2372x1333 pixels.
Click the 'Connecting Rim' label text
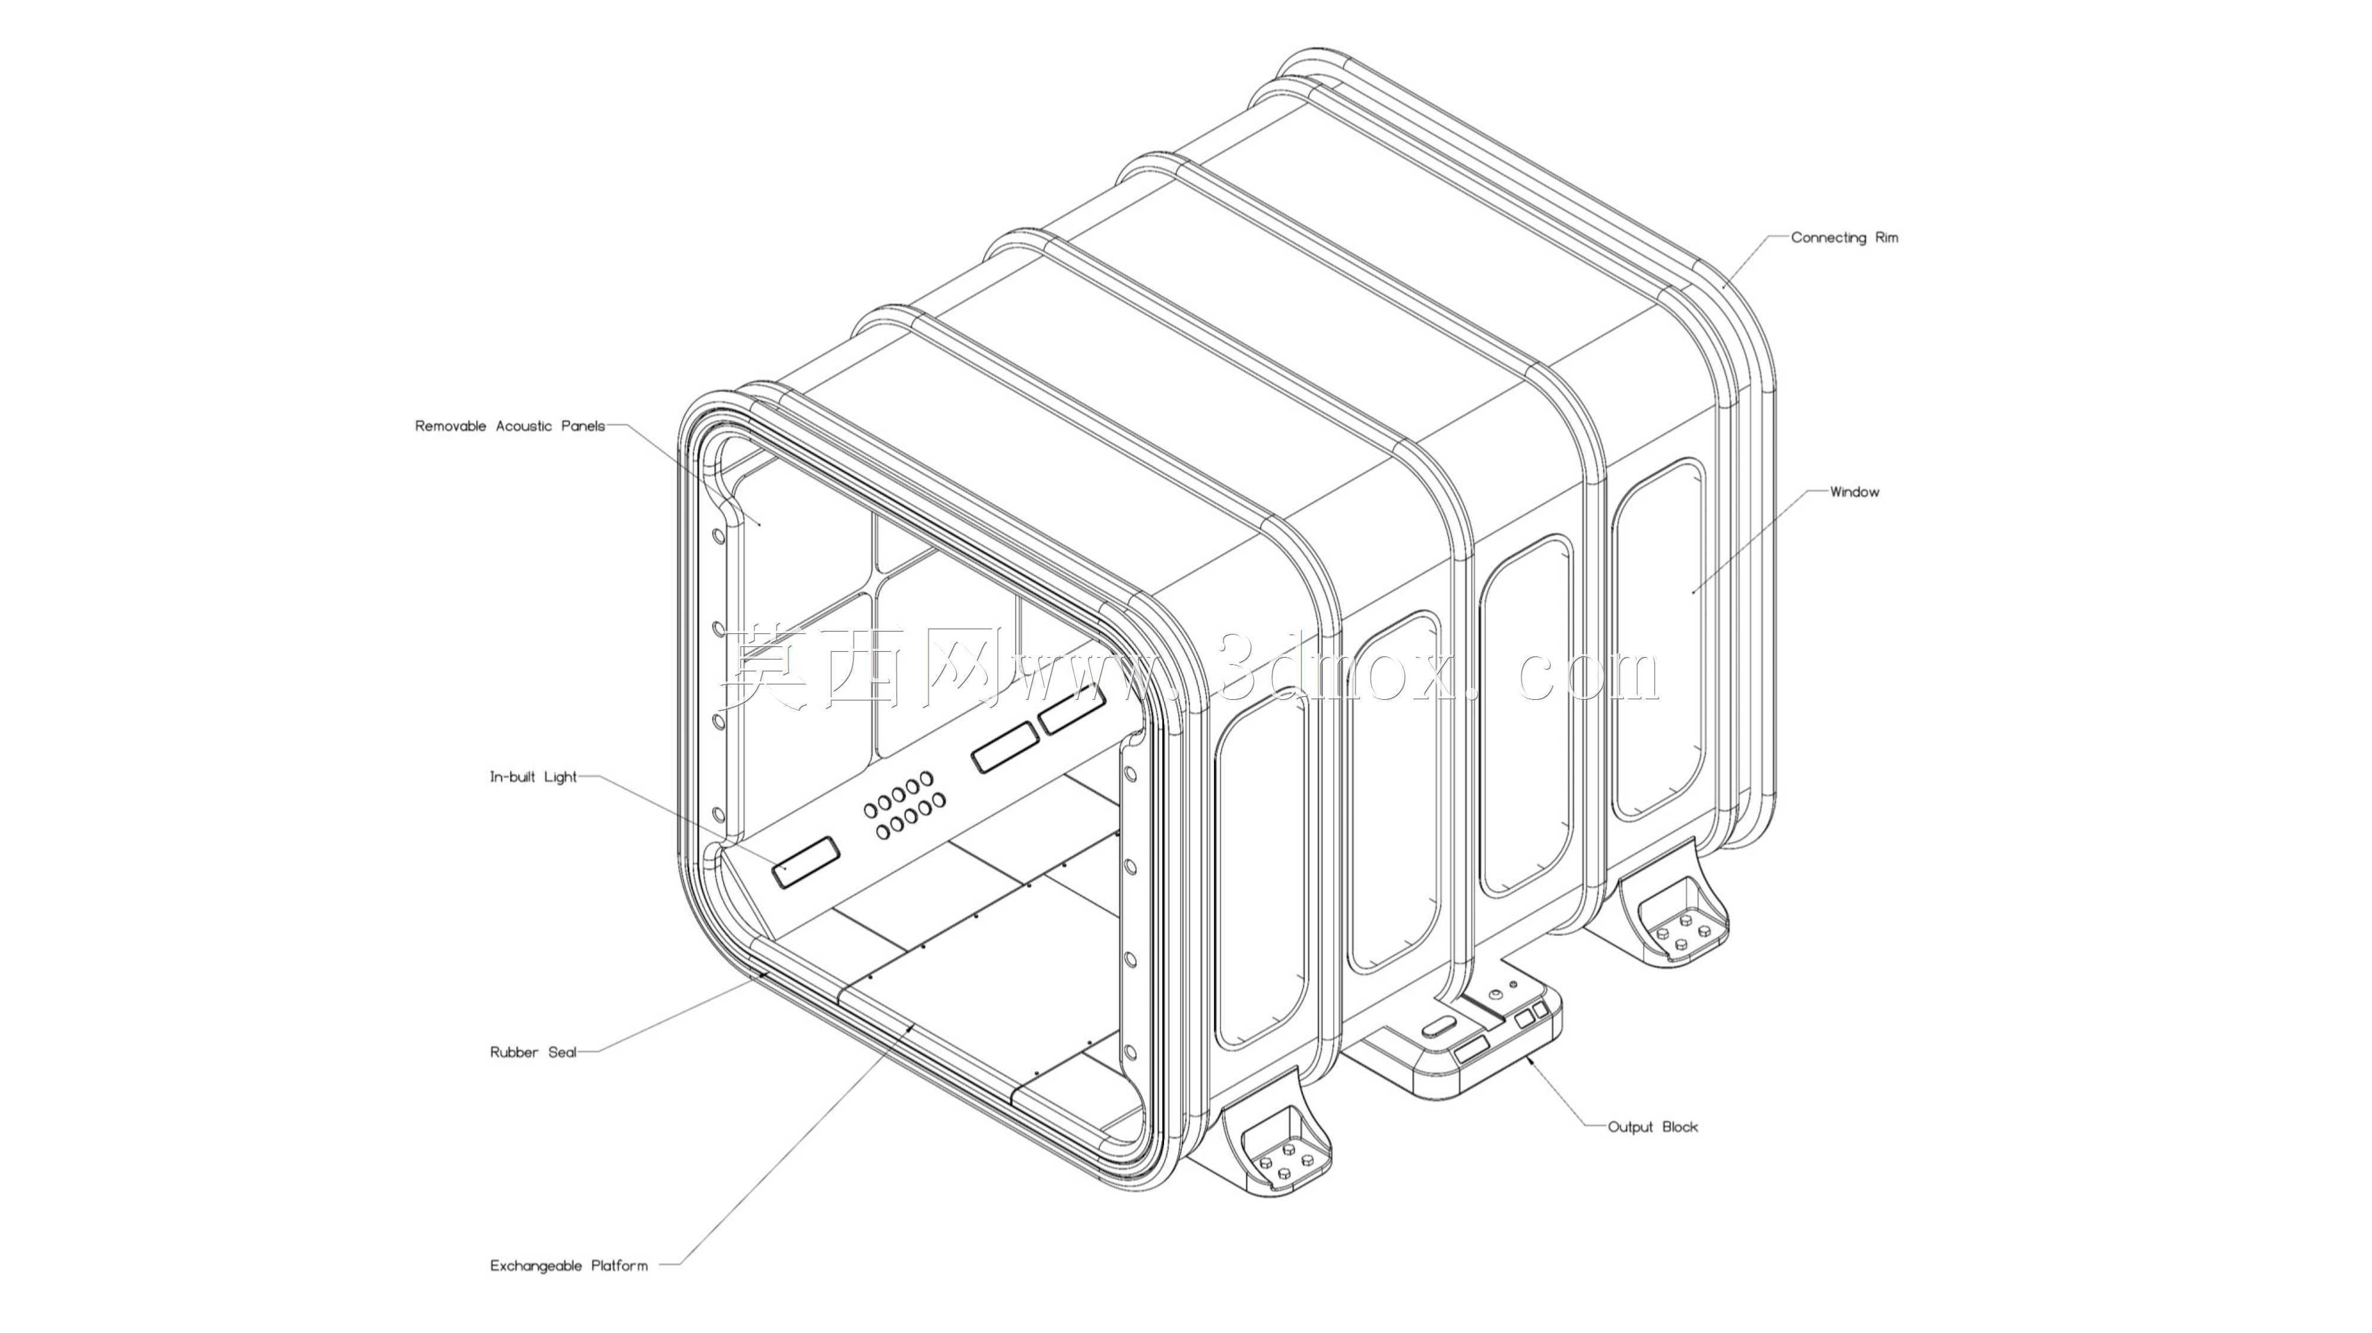pos(1844,237)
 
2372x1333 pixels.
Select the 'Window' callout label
pos(1854,491)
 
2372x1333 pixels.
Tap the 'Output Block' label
pos(1653,1127)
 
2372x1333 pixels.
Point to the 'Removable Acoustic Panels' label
pos(510,426)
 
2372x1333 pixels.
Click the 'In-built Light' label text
pos(533,777)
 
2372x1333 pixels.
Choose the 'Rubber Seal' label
pos(533,1052)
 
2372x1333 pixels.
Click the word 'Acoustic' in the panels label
pos(525,426)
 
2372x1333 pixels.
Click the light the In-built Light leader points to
pos(806,862)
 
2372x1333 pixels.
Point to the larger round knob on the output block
pos(1495,994)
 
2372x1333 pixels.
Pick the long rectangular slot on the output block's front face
pos(1472,1048)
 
